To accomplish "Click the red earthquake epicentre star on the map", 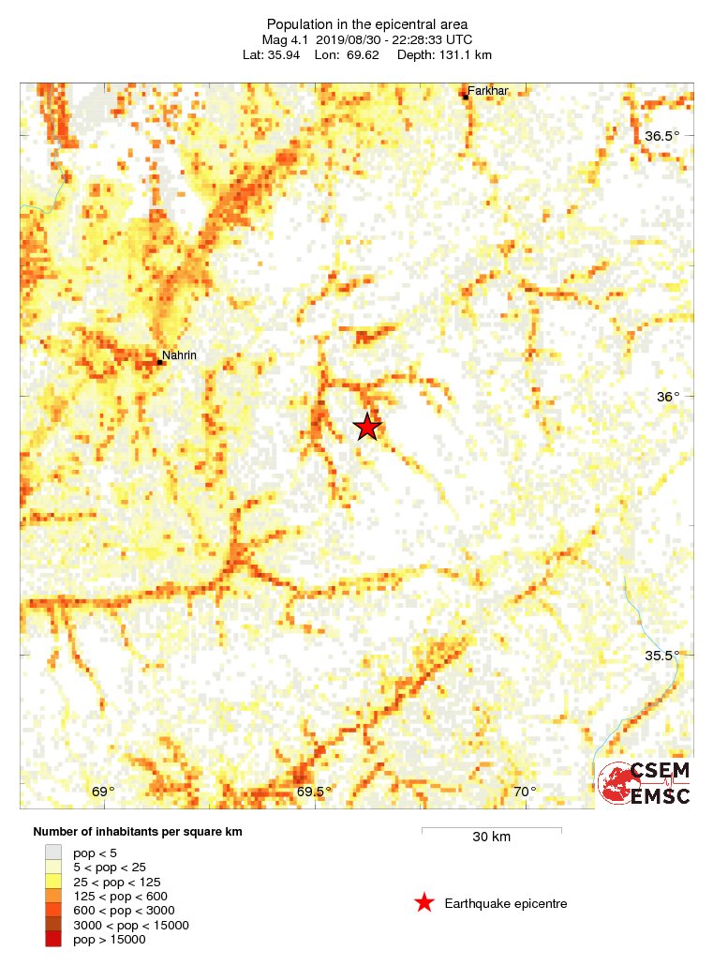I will click(x=367, y=427).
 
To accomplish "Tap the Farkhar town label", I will click(x=487, y=91).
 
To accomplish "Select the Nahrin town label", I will click(x=179, y=355).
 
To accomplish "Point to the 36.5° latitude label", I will click(x=662, y=136).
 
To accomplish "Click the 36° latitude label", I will click(x=668, y=397).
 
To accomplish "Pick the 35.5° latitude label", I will click(x=662, y=656).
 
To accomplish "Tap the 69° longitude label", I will click(x=103, y=792).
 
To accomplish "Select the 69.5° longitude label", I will click(x=315, y=792).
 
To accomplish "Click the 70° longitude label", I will click(x=526, y=792).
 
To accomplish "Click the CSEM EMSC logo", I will click(x=645, y=783).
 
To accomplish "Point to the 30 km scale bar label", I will click(x=491, y=837).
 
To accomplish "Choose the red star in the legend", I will click(x=424, y=903).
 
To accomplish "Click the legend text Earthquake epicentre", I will click(x=506, y=903).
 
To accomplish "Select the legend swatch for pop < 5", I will click(x=54, y=853).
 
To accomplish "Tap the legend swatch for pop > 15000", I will click(x=54, y=940).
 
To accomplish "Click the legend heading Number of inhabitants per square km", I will click(x=138, y=832).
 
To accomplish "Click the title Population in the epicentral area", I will click(x=367, y=23).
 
